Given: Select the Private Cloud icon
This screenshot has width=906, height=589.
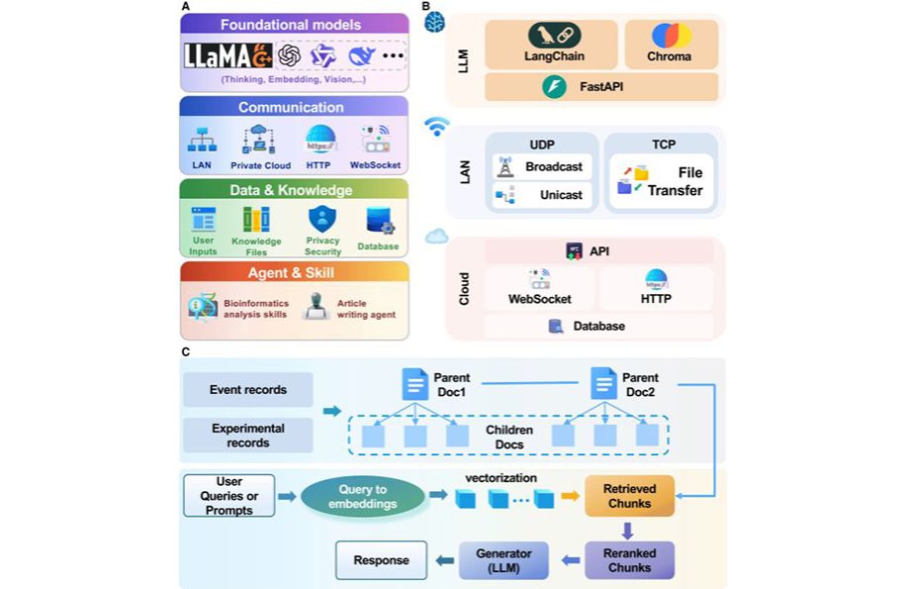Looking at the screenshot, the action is click(258, 141).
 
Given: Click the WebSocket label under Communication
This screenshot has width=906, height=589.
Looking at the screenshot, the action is click(375, 165).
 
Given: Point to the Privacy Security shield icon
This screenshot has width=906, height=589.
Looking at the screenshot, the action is click(322, 219).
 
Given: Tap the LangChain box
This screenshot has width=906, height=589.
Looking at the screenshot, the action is click(551, 44).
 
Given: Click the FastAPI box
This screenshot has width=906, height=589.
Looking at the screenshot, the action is click(601, 87).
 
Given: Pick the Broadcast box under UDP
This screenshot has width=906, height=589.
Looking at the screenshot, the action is click(542, 167).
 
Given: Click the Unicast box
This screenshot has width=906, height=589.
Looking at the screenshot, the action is click(542, 195).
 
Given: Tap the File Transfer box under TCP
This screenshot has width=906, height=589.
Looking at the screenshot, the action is click(662, 181).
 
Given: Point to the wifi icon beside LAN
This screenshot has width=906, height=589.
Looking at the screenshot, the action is click(437, 126).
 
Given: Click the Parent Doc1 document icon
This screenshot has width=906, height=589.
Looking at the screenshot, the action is click(414, 384).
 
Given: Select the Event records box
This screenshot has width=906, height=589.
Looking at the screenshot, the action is click(248, 390).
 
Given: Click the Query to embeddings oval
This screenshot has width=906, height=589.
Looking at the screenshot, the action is click(363, 497).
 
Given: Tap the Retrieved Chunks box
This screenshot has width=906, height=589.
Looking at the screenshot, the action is click(629, 496).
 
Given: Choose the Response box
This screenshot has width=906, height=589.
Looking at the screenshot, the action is click(382, 560).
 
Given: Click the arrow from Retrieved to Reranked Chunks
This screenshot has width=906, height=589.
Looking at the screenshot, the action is click(627, 530).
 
